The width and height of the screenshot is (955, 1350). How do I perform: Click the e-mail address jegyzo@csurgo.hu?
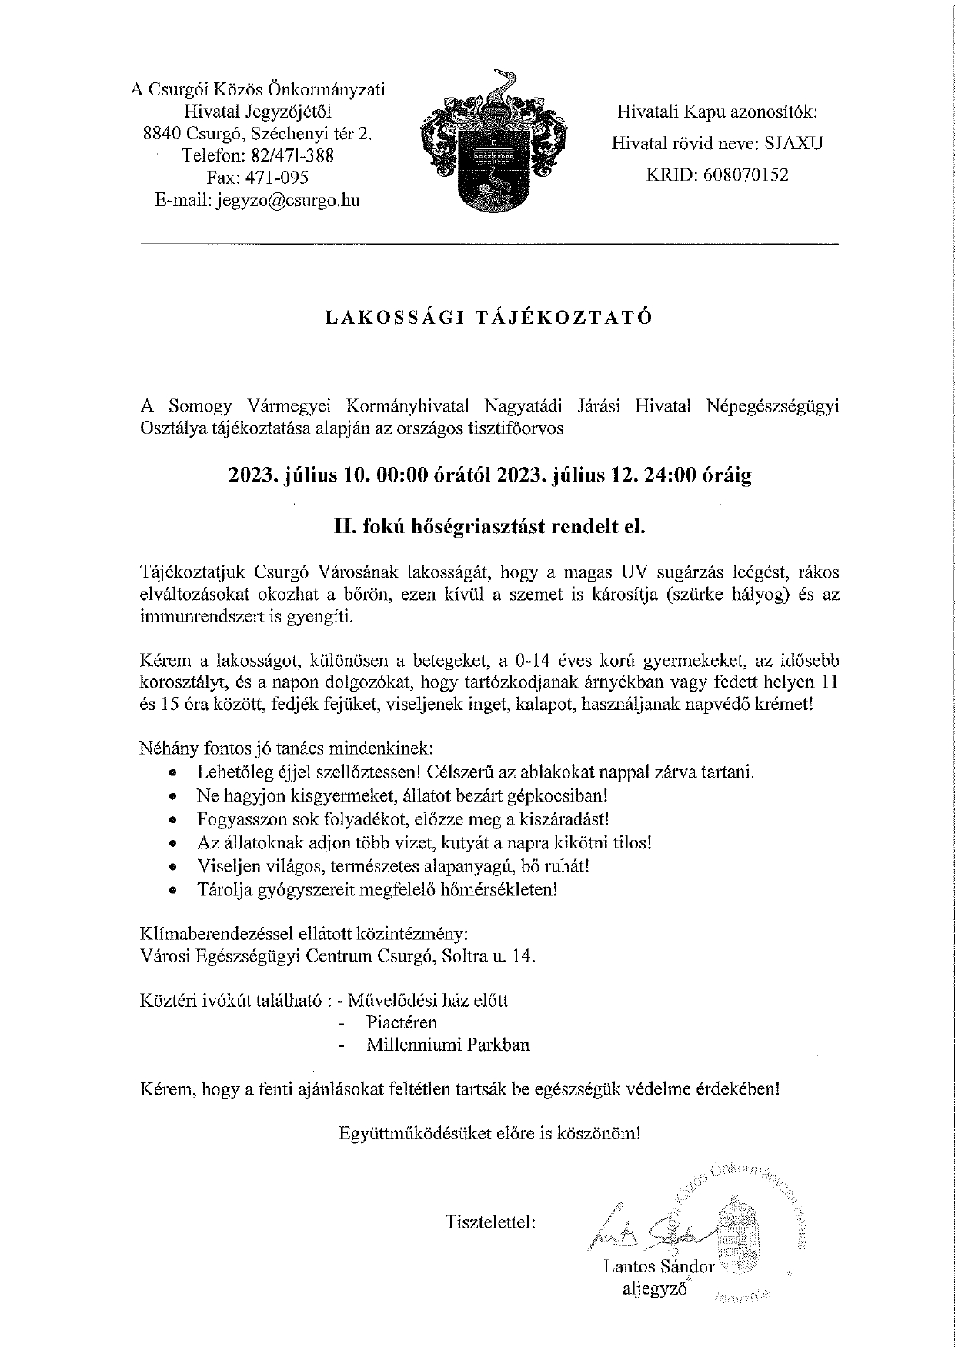(289, 201)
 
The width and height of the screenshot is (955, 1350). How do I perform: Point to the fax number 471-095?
(276, 178)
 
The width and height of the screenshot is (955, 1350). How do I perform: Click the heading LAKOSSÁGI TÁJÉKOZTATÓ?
(489, 317)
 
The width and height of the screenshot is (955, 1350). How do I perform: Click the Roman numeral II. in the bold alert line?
(343, 528)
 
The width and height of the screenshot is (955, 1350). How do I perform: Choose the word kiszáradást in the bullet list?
(563, 819)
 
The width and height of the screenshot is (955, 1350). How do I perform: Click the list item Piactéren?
(402, 1022)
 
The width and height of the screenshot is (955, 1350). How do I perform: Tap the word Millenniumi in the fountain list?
(417, 1045)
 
